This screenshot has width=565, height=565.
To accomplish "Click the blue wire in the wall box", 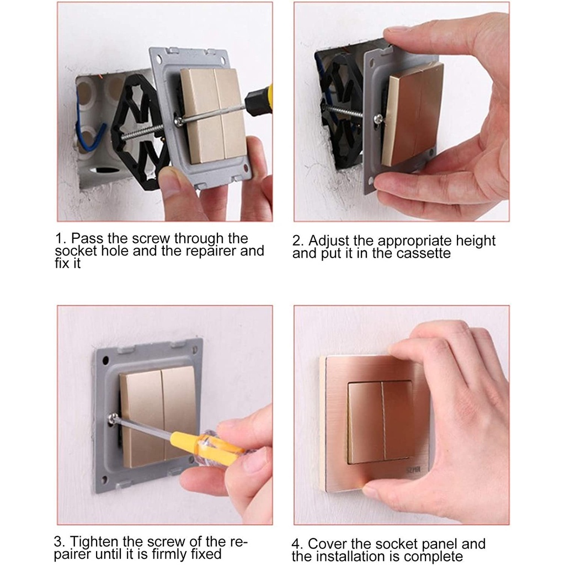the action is pos(88,134).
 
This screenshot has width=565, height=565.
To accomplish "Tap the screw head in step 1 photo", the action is pos(178,121).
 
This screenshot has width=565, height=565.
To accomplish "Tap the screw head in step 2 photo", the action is pos(378,119).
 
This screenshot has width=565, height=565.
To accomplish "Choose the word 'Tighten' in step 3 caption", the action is pos(94,542).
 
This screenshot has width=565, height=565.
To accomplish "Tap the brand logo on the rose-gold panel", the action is pos(413,470).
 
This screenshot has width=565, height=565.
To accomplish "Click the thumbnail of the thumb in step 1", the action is pos(169,179).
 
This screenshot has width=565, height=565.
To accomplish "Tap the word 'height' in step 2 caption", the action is pos(476,241).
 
